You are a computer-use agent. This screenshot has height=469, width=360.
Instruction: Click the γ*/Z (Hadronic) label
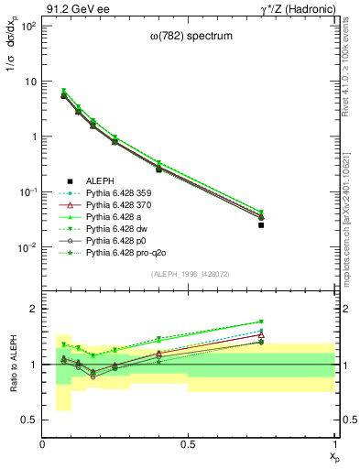tap(300, 8)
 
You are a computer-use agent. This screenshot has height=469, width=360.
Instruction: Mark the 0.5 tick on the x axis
tap(189, 444)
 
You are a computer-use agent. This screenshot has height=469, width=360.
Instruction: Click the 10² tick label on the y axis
tap(28, 26)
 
